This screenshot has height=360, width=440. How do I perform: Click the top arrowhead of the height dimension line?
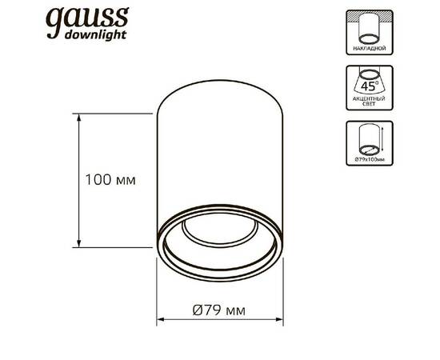[79, 118]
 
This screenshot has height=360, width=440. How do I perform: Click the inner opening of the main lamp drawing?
[219, 240]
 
